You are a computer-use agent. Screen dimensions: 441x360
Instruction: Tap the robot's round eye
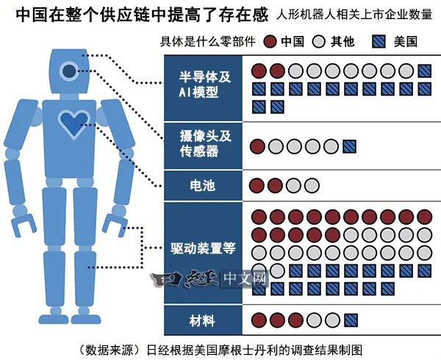point(69,71)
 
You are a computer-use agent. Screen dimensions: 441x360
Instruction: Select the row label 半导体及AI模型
point(205,84)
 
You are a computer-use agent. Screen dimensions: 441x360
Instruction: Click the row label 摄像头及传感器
point(206,143)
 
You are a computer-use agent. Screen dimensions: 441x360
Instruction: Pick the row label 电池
point(203,186)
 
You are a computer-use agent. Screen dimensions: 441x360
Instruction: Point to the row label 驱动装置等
point(203,248)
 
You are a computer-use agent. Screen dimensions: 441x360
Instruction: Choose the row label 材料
point(202,320)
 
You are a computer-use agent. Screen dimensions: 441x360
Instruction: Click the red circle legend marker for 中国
point(270,42)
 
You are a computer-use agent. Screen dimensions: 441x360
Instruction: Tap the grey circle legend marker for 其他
point(319,42)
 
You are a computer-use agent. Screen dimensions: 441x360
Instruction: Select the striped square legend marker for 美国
point(379,42)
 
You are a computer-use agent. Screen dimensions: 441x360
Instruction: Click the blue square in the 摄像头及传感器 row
point(350,146)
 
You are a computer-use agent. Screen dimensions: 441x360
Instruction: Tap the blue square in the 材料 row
point(351,320)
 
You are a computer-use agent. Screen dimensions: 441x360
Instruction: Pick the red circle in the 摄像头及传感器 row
point(258,146)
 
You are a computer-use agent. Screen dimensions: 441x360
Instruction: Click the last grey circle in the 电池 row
point(312,186)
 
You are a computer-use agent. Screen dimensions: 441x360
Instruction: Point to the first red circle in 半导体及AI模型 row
point(259,71)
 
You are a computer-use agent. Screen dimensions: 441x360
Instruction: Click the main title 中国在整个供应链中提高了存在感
point(142,15)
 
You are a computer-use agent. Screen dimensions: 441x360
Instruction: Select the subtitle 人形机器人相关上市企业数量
point(354,14)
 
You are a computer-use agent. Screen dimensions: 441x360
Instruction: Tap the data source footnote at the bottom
point(219,350)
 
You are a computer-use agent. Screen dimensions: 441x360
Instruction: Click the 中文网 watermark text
point(245,278)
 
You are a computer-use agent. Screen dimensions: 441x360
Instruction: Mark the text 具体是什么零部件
point(207,42)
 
